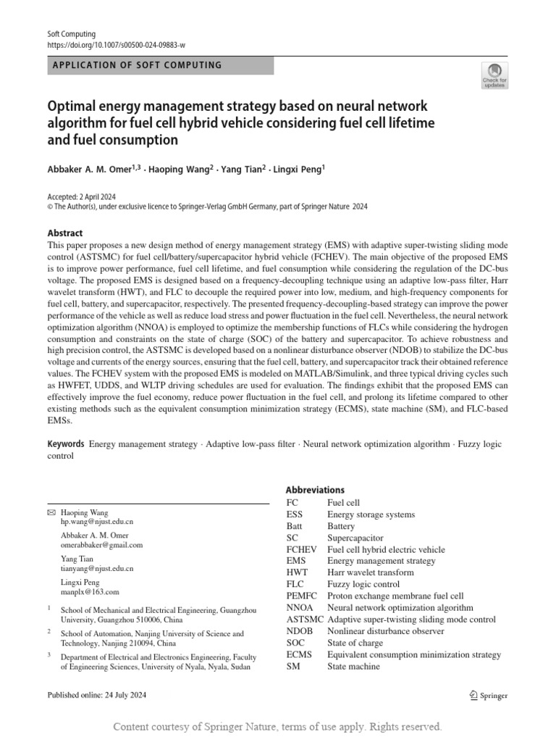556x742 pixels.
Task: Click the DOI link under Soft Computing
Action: tap(116, 44)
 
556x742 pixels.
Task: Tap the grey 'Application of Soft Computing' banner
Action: tap(160, 65)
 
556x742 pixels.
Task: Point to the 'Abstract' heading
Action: tap(65, 233)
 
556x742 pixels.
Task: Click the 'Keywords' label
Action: tap(66, 444)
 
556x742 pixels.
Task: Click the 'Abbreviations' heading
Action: tap(315, 490)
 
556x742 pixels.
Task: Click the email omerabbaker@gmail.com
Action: tap(101, 545)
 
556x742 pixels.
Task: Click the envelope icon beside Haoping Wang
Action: tap(51, 512)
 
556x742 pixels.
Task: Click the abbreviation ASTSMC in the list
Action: tap(305, 620)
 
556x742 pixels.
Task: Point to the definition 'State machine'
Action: tap(353, 666)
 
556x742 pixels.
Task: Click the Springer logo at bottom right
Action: tap(489, 696)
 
